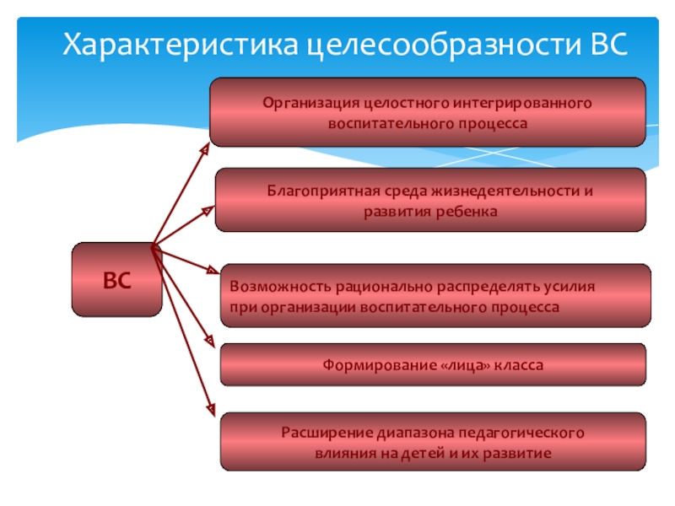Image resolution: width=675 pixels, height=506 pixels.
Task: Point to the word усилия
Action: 569,287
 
